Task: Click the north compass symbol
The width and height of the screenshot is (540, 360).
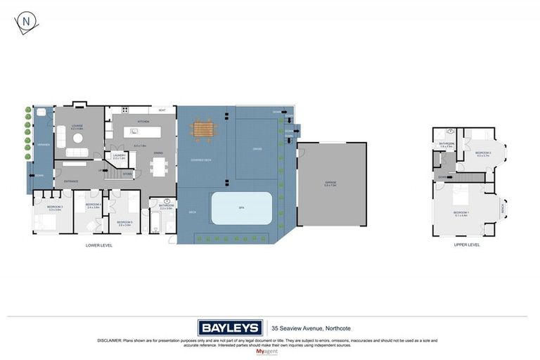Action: click(27, 22)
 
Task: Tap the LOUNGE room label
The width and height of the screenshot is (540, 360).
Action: click(77, 126)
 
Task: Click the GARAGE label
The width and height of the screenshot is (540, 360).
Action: click(330, 184)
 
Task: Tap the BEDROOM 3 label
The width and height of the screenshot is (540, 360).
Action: click(55, 207)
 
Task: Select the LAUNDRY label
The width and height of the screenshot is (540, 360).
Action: click(119, 155)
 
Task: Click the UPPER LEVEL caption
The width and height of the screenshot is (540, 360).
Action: click(467, 245)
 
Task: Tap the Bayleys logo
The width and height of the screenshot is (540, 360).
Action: click(230, 328)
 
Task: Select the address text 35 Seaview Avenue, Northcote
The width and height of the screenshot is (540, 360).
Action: click(311, 328)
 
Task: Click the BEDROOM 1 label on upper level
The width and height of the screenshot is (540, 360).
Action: click(461, 212)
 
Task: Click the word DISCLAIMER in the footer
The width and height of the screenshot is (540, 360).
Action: click(110, 340)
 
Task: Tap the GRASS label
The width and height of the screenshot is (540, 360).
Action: click(257, 149)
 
